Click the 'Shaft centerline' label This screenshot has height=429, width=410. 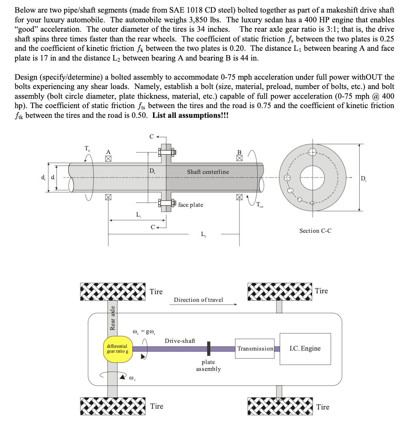(208, 172)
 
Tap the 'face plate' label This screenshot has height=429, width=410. (190, 205)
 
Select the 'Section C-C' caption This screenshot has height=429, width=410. (315, 231)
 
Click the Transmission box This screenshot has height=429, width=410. (255, 349)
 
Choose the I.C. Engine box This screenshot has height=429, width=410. (305, 349)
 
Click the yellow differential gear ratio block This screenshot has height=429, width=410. (118, 349)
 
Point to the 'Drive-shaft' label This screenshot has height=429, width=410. (180, 340)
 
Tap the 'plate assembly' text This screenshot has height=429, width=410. (208, 365)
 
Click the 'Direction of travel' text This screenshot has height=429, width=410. (199, 300)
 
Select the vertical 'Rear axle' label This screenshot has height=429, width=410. (112, 317)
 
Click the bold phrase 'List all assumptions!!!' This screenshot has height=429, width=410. (190, 115)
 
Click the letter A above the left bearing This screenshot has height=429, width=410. (108, 152)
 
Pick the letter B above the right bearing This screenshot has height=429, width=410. (239, 152)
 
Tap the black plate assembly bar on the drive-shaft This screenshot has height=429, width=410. (208, 349)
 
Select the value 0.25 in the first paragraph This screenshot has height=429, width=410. (385, 39)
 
